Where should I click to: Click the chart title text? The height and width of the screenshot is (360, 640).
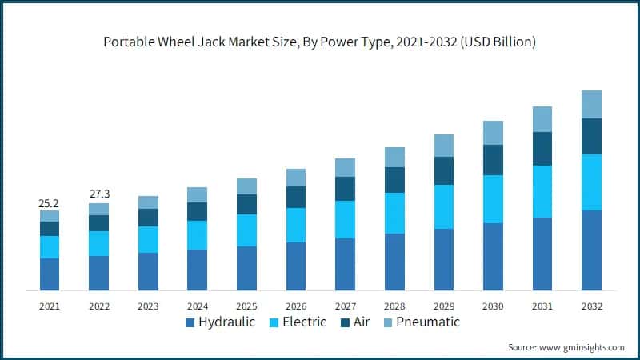click(319, 42)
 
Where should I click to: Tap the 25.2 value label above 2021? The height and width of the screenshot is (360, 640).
click(50, 204)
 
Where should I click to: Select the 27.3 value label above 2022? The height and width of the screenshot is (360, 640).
click(98, 194)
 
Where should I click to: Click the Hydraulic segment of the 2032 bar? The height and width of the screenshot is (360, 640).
click(591, 250)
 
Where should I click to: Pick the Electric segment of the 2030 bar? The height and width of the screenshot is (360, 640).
click(493, 198)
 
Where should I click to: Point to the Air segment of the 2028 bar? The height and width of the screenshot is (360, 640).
click(394, 180)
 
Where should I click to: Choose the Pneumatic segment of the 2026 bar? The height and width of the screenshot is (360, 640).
click(296, 177)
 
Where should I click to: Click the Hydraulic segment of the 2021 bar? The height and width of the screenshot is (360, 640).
click(50, 274)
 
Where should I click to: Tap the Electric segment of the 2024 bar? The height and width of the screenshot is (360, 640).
click(198, 234)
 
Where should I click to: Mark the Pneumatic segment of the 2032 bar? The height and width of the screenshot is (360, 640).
click(591, 104)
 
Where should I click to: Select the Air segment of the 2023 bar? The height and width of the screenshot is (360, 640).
click(148, 218)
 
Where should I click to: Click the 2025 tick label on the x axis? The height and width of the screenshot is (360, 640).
click(246, 306)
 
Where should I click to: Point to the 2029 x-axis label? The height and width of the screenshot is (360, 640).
click(444, 306)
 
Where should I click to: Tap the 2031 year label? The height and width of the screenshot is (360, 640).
click(542, 306)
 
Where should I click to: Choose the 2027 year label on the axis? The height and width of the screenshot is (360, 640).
click(345, 306)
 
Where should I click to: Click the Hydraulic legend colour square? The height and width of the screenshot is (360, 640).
click(190, 323)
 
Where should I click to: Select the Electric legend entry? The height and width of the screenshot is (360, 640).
click(295, 322)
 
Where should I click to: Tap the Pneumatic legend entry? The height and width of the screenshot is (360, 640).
click(423, 322)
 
